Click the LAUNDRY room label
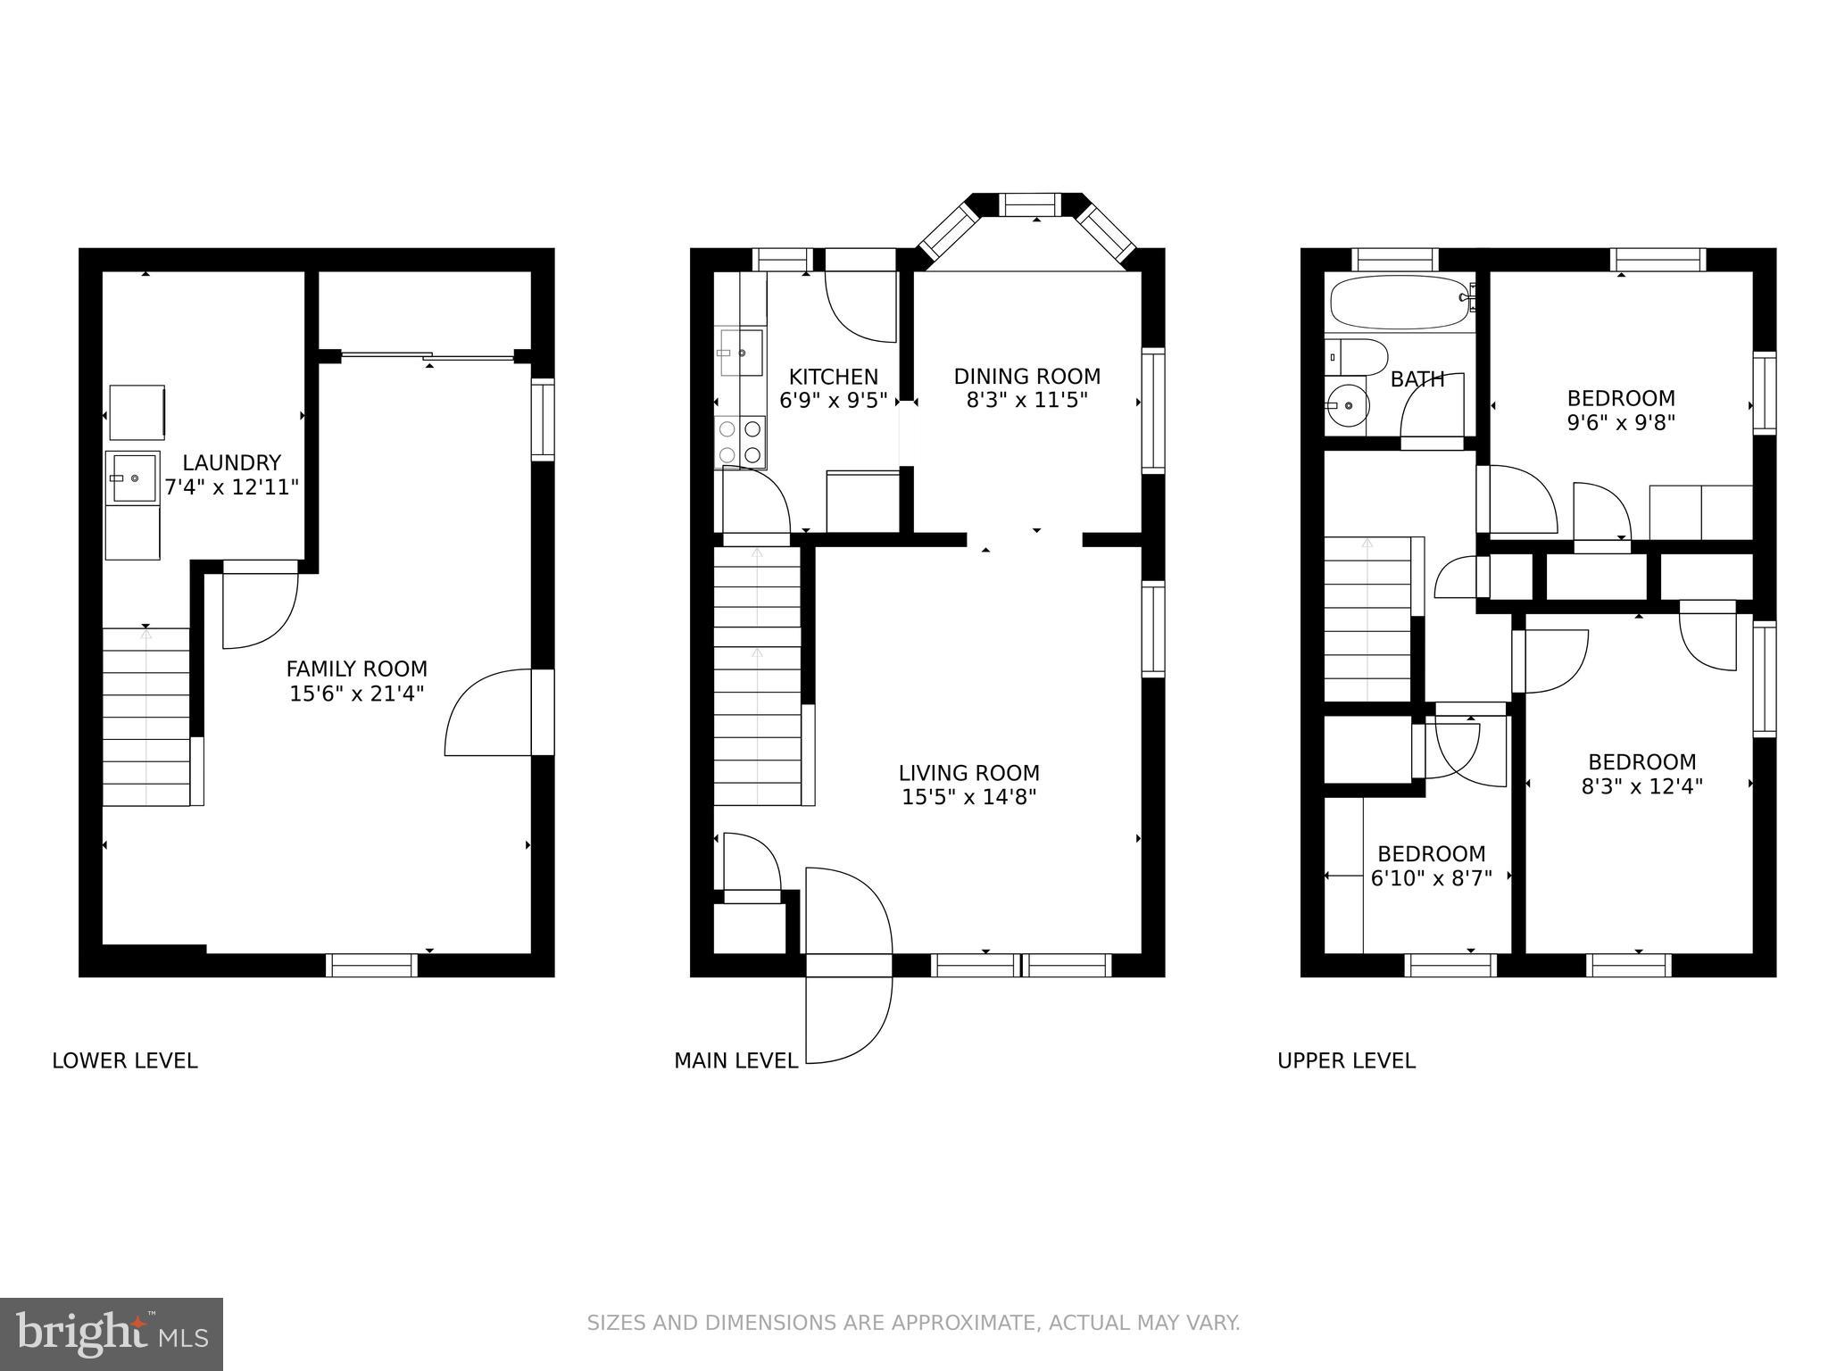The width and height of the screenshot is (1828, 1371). click(231, 462)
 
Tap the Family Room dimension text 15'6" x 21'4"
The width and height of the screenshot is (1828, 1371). click(356, 694)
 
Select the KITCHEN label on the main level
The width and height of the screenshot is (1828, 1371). click(833, 377)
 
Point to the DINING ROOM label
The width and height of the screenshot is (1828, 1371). click(1026, 377)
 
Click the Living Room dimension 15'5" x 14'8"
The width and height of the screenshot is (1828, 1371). click(968, 797)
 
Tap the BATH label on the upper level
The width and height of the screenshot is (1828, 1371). click(1417, 380)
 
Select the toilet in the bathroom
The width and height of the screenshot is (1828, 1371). click(1355, 356)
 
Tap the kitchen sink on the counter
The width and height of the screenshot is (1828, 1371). click(741, 353)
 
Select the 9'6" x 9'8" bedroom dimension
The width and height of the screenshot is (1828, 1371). click(1621, 422)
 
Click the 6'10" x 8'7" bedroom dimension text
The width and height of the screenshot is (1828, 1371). click(1431, 878)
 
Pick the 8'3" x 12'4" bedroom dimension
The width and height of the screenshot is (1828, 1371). click(1641, 786)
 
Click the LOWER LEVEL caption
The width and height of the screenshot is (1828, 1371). click(124, 1060)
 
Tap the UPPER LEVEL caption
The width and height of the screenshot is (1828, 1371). click(1346, 1060)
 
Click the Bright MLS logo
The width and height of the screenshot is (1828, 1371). click(111, 1334)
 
